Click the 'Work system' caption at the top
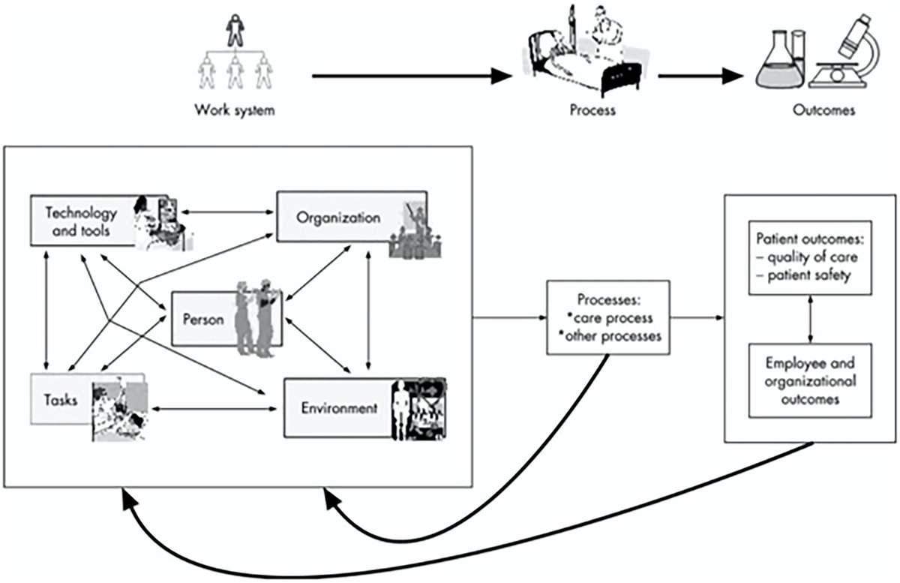(x=235, y=111)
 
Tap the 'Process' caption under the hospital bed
(x=592, y=111)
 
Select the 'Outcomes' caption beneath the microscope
(x=823, y=111)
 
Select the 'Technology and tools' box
(x=82, y=221)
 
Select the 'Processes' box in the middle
(x=607, y=317)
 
